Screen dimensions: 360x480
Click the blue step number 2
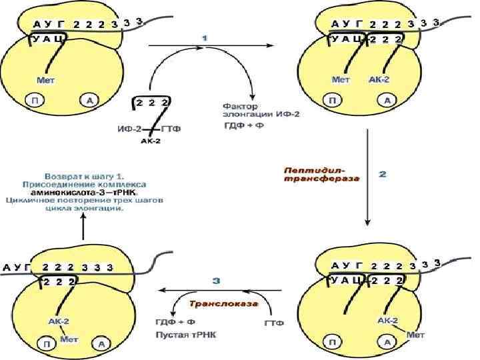(382, 175)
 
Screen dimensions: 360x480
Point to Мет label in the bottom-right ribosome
(415, 335)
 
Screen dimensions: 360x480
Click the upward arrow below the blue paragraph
(83, 228)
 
